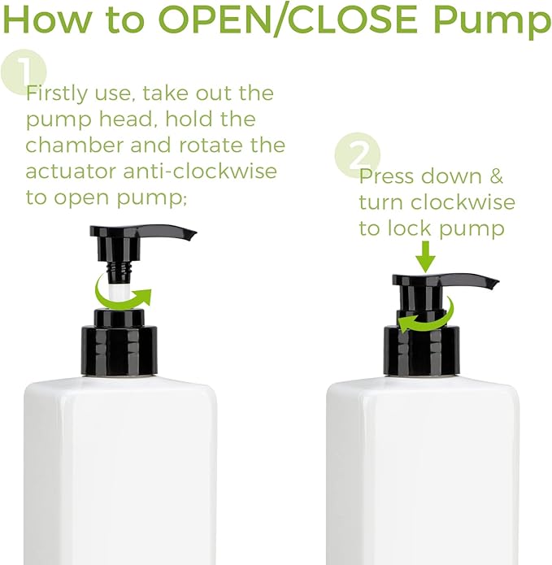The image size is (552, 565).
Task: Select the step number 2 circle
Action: click(357, 155)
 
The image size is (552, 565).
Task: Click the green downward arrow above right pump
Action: click(425, 261)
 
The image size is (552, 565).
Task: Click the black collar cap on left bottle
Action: click(120, 350)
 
